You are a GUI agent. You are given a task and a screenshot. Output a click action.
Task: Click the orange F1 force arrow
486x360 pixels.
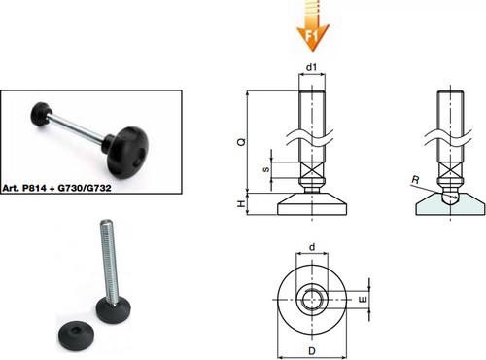313,26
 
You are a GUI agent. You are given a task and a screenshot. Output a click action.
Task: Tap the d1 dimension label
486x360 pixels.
311,67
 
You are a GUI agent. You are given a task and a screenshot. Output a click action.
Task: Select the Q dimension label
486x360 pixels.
242,142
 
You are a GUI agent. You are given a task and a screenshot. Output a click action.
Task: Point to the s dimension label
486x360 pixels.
266,169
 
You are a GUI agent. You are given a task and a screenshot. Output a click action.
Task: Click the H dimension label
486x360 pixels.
242,203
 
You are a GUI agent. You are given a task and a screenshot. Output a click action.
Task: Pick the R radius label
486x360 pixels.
416,179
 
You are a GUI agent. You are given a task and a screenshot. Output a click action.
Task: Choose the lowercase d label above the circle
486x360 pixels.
312,247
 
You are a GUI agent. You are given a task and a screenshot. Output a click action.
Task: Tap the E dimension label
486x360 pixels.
364,299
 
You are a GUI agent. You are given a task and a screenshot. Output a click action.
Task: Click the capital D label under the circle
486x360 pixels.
312,351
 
